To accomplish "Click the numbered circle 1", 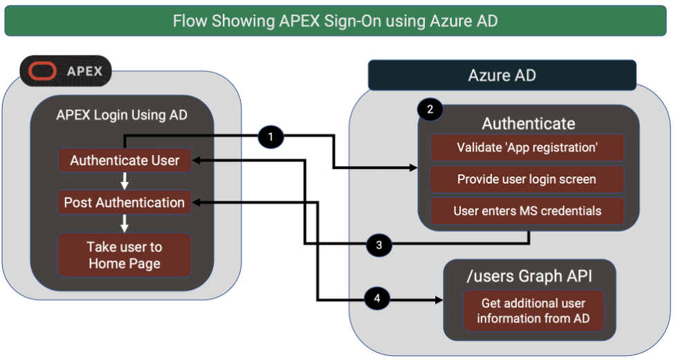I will [x=271, y=137].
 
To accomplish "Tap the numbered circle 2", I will [x=430, y=109].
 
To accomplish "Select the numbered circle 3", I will [x=378, y=244].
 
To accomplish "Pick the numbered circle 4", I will [x=376, y=299].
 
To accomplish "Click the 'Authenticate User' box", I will [x=125, y=161].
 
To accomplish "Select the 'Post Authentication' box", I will [x=125, y=202].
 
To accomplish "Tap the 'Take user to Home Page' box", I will [x=125, y=255].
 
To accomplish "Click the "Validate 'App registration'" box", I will [x=527, y=147].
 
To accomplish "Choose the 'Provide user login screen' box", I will [x=527, y=179].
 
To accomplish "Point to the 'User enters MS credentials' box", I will [x=527, y=211].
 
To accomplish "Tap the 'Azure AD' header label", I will [x=502, y=75].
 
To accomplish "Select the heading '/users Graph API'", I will [x=529, y=276].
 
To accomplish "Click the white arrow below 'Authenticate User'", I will [x=125, y=181].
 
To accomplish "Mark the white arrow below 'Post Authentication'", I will [x=125, y=223].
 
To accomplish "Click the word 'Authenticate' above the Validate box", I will [x=528, y=123].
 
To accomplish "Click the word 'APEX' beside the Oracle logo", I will [x=84, y=71].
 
